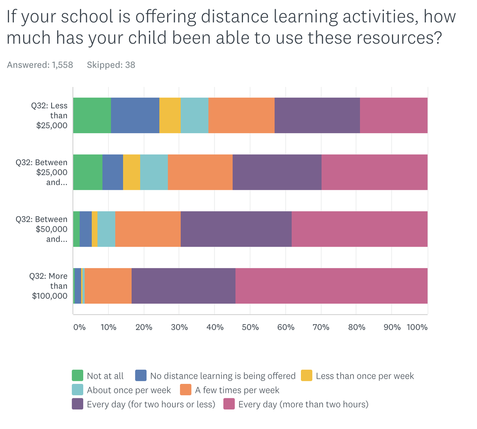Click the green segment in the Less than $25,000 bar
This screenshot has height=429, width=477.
92,115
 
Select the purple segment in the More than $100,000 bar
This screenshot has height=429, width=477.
183,286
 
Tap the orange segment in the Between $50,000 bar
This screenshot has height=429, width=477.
148,229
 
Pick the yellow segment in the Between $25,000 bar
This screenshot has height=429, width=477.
132,172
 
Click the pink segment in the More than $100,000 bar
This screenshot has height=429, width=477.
332,286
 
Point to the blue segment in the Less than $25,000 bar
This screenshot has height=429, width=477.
135,115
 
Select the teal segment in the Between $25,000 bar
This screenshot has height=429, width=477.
154,172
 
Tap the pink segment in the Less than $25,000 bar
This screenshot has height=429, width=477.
394,115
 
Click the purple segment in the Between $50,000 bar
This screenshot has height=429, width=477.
236,229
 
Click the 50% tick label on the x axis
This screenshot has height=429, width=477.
250,327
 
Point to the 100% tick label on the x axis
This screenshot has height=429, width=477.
417,327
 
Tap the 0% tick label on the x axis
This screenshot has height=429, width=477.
79,327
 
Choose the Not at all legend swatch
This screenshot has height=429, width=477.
78,376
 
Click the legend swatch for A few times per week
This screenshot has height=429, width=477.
186,390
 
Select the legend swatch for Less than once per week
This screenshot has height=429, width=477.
307,376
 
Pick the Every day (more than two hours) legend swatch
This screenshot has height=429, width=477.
229,404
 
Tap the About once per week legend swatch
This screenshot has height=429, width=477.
78,390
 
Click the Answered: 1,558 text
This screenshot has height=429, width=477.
40,65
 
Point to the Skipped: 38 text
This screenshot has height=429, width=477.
111,65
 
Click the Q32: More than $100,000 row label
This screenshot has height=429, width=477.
49,286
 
